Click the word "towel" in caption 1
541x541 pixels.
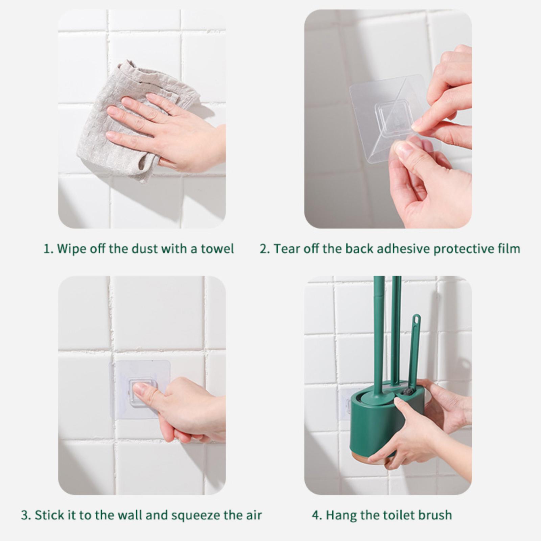(217, 249)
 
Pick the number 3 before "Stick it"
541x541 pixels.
(25, 516)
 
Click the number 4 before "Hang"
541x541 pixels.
(316, 516)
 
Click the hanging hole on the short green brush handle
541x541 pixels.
(417, 319)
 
